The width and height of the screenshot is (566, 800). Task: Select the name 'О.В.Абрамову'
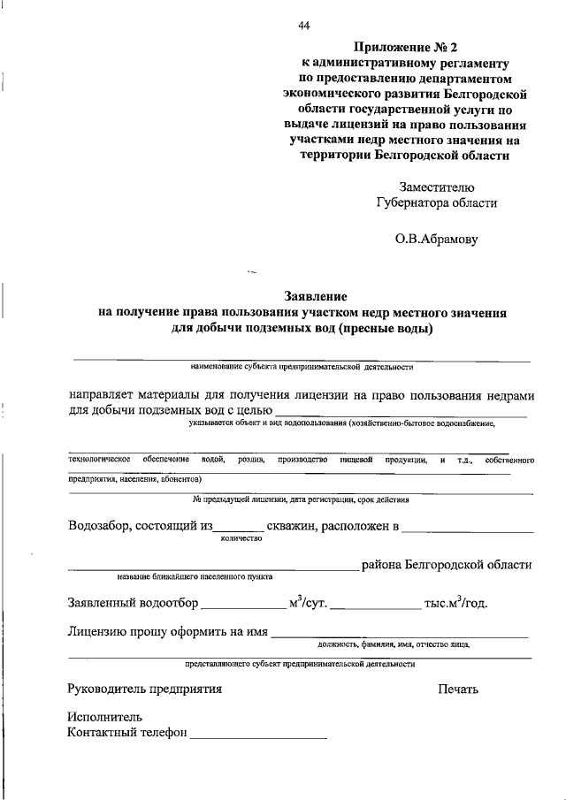[436, 239]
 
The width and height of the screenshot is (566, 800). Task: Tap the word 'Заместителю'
[437, 187]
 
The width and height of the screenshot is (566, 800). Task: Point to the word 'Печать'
[457, 688]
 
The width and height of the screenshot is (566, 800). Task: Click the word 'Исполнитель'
[104, 717]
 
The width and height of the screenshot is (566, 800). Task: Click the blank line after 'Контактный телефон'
[257, 733]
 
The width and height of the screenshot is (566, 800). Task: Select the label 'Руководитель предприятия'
[145, 688]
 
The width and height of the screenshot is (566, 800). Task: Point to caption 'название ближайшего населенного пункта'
[195, 577]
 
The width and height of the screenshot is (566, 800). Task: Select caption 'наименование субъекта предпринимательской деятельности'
[302, 366]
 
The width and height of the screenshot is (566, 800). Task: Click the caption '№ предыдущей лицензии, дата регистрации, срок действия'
[301, 499]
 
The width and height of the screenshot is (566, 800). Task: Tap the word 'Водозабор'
[99, 527]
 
